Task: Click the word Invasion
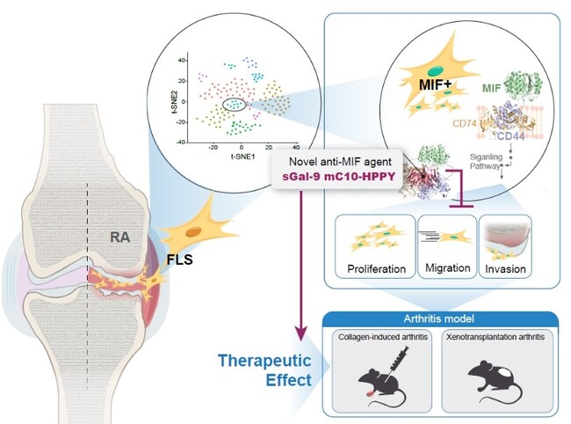pos(508,267)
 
